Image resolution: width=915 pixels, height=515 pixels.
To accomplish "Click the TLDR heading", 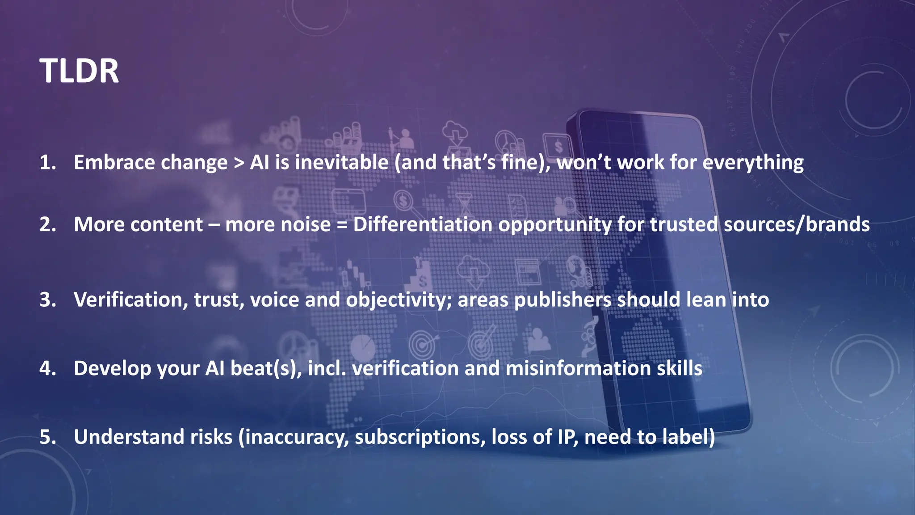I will coord(79,71).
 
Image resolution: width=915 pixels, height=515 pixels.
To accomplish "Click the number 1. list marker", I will coord(48,162).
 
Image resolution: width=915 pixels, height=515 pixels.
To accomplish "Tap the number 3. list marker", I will coord(48,300).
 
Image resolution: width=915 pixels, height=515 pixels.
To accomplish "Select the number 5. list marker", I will coord(48,437).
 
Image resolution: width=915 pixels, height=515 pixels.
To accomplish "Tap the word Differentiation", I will coord(423,224).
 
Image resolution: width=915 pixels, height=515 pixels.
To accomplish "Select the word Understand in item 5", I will coord(129,437).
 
